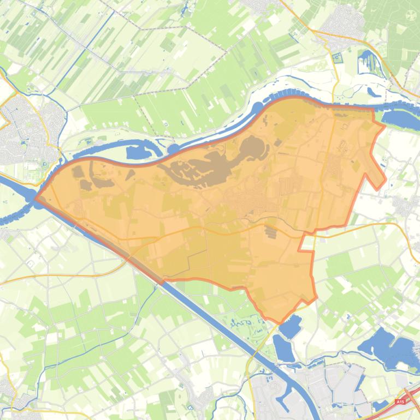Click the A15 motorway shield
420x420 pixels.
pyautogui.click(x=401, y=402)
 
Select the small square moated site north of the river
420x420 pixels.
pyautogui.click(x=336, y=56)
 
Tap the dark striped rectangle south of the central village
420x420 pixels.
pyautogui.click(x=271, y=231)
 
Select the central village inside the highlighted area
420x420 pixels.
pyautogui.click(x=246, y=205)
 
